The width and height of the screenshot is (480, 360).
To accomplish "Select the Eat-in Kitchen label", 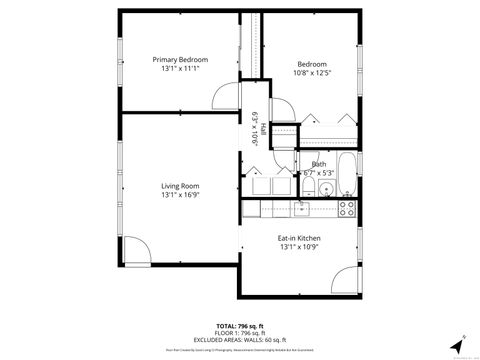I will [x=298, y=238].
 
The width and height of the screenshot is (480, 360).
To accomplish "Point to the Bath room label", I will [x=318, y=164].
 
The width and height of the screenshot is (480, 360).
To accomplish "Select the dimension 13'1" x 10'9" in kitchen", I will [x=298, y=248].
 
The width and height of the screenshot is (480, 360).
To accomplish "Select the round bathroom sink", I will [x=309, y=187].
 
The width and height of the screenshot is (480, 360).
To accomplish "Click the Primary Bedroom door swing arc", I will [x=224, y=96].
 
